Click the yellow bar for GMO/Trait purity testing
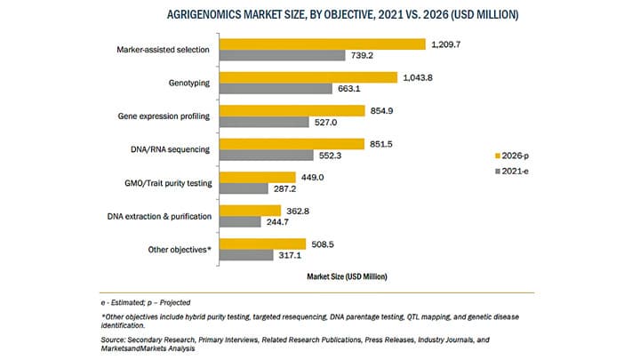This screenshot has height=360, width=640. tap(258, 177)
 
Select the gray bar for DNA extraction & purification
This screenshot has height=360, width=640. tap(238, 221)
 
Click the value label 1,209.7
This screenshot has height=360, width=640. tap(449, 44)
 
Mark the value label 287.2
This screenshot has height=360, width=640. tap(290, 188)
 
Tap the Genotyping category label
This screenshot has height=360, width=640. tap(188, 83)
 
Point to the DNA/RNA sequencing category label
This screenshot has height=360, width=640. tap(172, 149)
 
